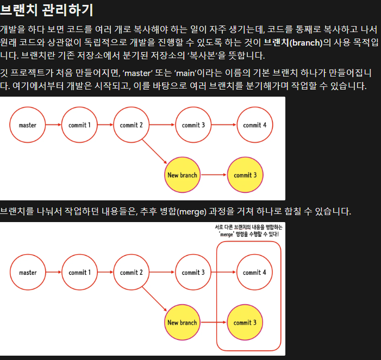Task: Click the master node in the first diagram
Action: (28, 125)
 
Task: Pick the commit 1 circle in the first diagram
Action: (79, 125)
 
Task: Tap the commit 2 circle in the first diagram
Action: (131, 125)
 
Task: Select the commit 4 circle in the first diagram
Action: (255, 125)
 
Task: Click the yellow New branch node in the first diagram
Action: (182, 175)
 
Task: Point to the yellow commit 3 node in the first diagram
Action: (245, 175)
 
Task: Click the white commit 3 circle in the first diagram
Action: (193, 125)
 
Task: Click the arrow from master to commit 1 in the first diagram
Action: (53, 125)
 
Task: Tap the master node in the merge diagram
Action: (28, 273)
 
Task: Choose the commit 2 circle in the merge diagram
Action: (131, 273)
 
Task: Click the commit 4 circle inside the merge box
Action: (255, 273)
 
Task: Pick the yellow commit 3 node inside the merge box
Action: (245, 323)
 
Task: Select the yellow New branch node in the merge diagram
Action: (182, 323)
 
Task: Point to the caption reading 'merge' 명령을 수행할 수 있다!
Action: (248, 234)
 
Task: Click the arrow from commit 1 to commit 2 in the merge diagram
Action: (105, 273)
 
